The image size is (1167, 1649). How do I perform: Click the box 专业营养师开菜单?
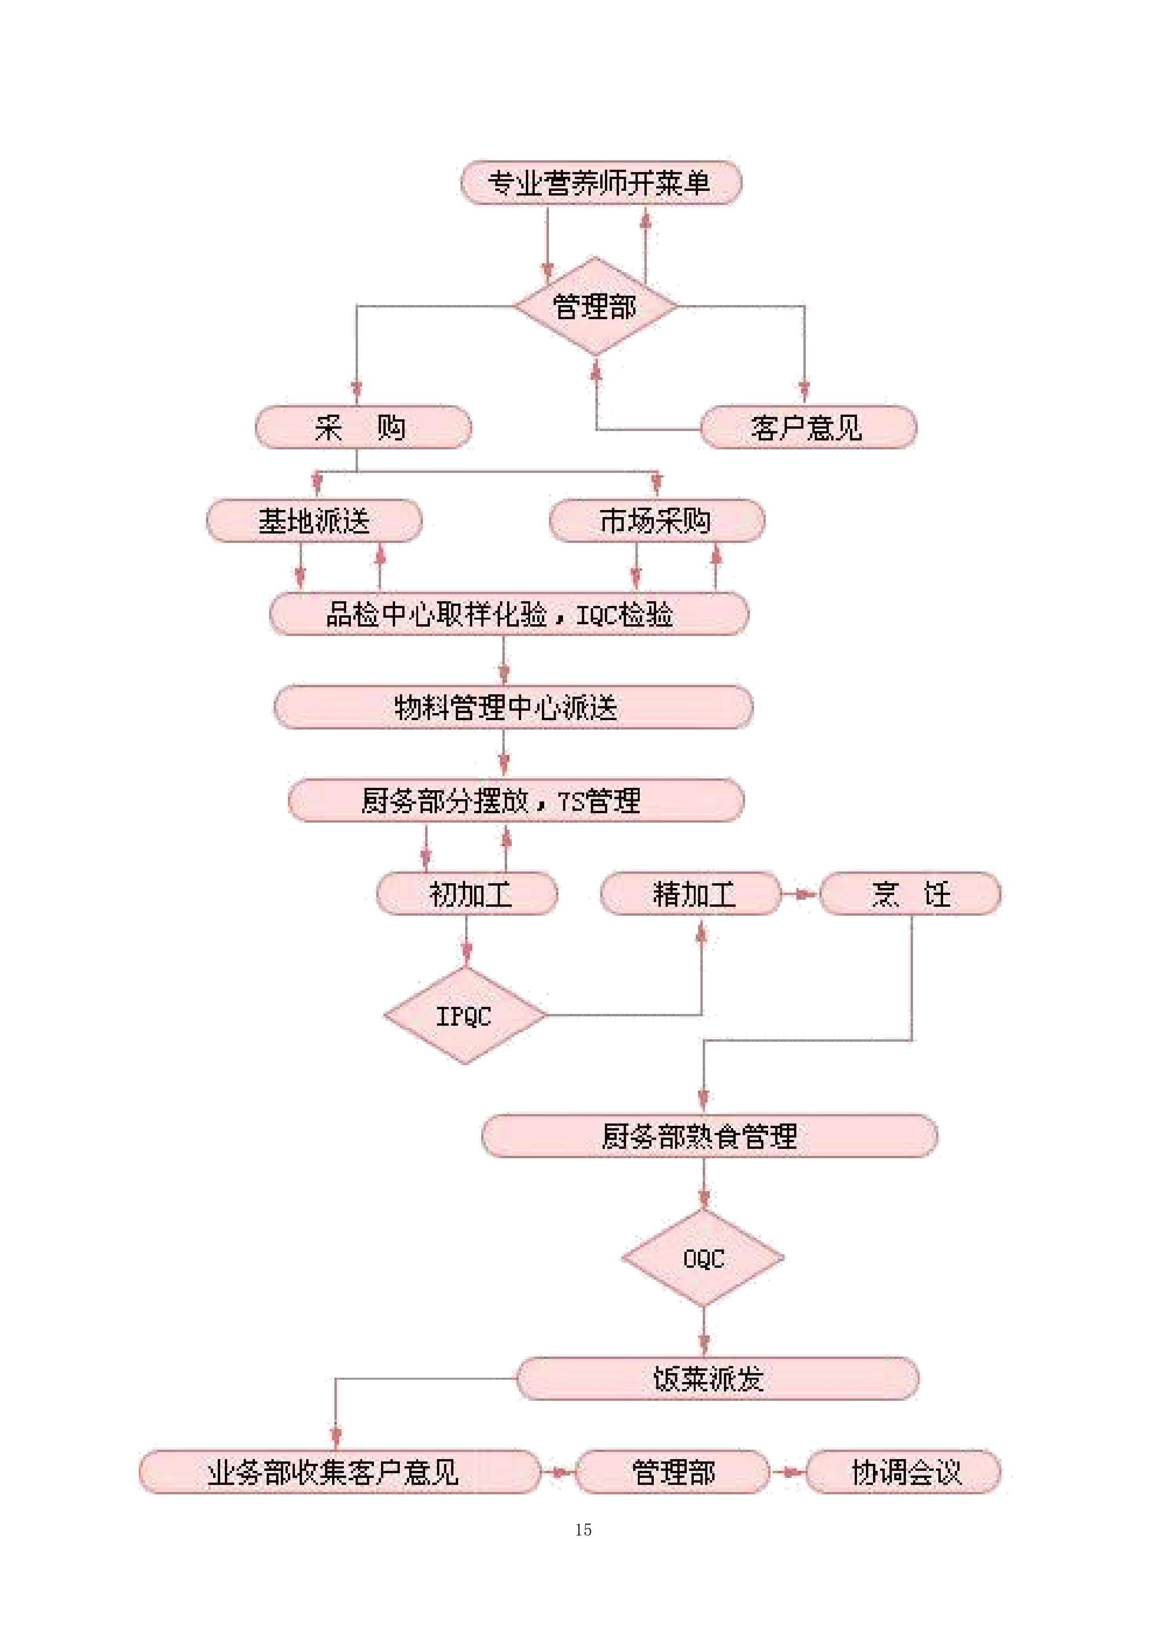601,183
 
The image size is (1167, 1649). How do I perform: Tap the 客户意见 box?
808,427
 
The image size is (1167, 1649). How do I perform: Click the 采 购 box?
363,427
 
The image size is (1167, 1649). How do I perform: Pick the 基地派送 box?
314,521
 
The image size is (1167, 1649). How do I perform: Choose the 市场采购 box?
656,521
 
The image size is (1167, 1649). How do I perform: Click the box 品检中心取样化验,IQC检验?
509,614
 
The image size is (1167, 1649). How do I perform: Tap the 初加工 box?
467,894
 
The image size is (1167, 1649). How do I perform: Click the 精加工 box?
690,894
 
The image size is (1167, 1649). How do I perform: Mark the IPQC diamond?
465,1015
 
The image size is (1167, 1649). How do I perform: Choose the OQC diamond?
703,1258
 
